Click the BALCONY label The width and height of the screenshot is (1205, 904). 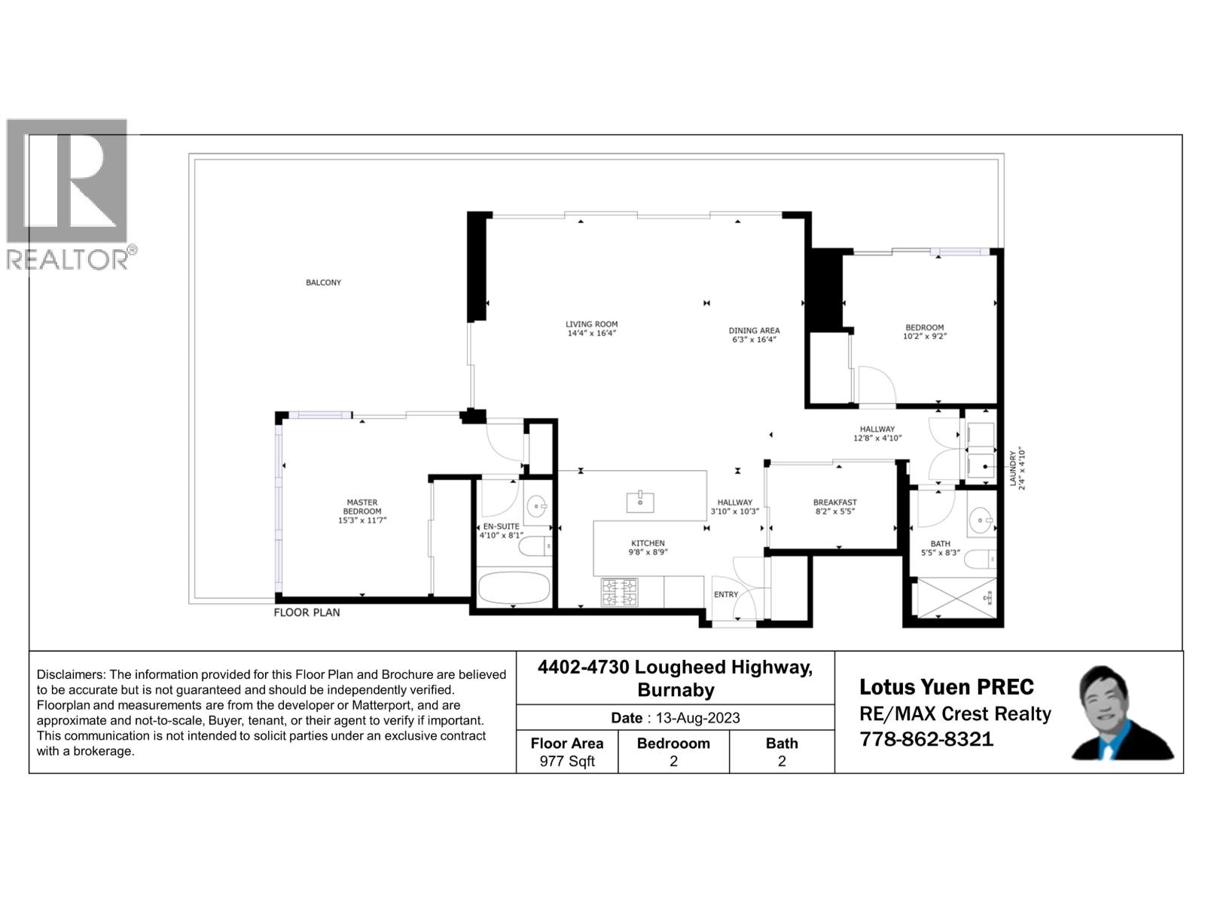pos(323,282)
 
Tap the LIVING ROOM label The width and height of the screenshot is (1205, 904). pos(591,325)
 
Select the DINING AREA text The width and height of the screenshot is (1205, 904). pos(754,331)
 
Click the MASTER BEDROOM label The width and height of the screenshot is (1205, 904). pos(362,506)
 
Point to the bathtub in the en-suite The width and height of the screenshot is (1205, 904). pos(514,588)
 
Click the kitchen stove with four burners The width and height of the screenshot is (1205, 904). pos(619,592)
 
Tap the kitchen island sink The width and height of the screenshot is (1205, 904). pos(640,501)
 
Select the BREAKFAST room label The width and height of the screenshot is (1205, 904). pos(834,502)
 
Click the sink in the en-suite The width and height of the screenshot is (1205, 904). pos(537,505)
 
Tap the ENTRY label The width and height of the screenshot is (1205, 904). pos(726,594)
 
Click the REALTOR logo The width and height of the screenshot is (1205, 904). pos(69,194)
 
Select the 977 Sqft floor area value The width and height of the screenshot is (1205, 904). pos(567,762)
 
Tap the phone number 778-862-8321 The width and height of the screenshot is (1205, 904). pos(926,739)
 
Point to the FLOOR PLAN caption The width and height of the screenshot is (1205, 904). pos(307,612)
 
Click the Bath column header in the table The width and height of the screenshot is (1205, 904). pos(781,743)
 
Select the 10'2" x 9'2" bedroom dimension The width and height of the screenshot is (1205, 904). pos(924,337)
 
